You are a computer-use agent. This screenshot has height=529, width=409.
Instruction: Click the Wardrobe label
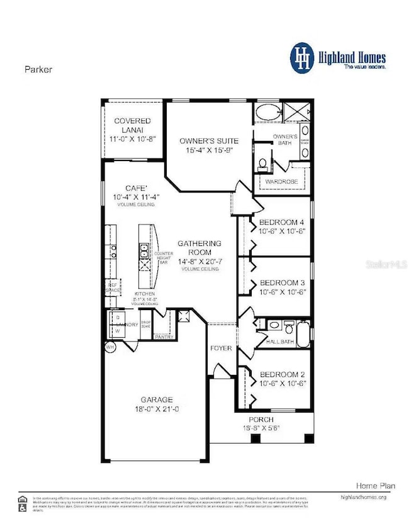pyautogui.click(x=281, y=182)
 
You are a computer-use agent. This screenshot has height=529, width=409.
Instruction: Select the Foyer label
pyautogui.click(x=221, y=348)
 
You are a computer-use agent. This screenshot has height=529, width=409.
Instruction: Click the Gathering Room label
pyautogui.click(x=199, y=247)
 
